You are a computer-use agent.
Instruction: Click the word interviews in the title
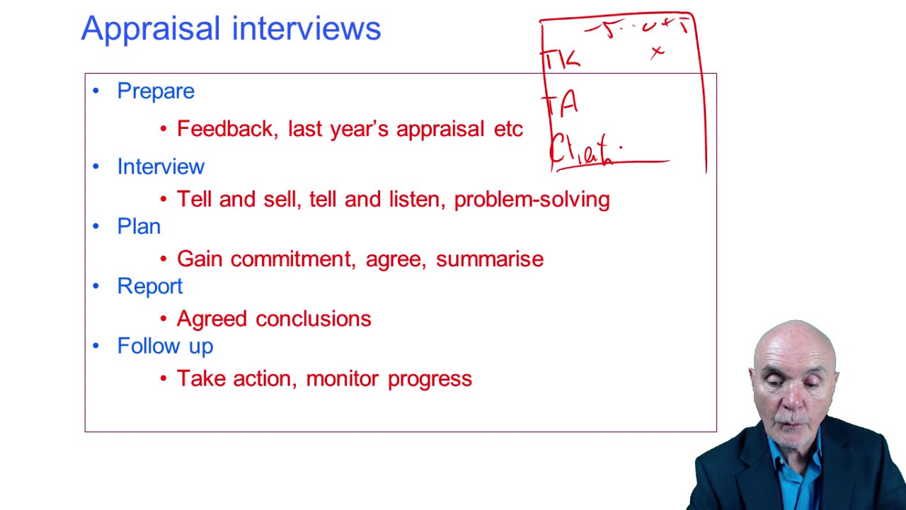click(x=306, y=30)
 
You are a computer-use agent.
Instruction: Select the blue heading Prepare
click(x=155, y=91)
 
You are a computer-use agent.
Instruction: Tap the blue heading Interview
click(x=161, y=166)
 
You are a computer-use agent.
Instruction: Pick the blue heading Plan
click(x=139, y=227)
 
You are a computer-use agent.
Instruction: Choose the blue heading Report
click(x=149, y=286)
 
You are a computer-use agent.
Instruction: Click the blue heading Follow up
click(x=165, y=346)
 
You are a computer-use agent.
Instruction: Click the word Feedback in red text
click(x=226, y=129)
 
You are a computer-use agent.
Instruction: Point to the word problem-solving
click(x=532, y=200)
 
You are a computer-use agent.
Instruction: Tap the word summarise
click(x=490, y=259)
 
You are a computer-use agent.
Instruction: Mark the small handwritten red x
click(x=658, y=51)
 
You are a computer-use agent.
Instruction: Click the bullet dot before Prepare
click(x=96, y=91)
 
